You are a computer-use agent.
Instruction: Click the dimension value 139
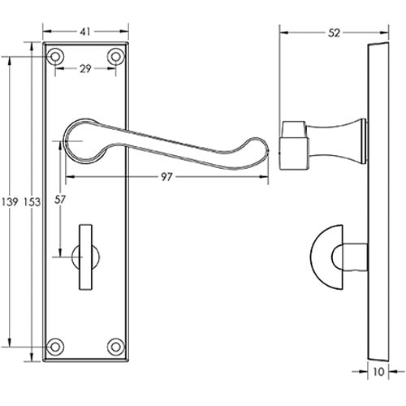[x=10, y=201]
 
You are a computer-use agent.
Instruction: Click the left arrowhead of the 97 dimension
[x=64, y=175]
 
